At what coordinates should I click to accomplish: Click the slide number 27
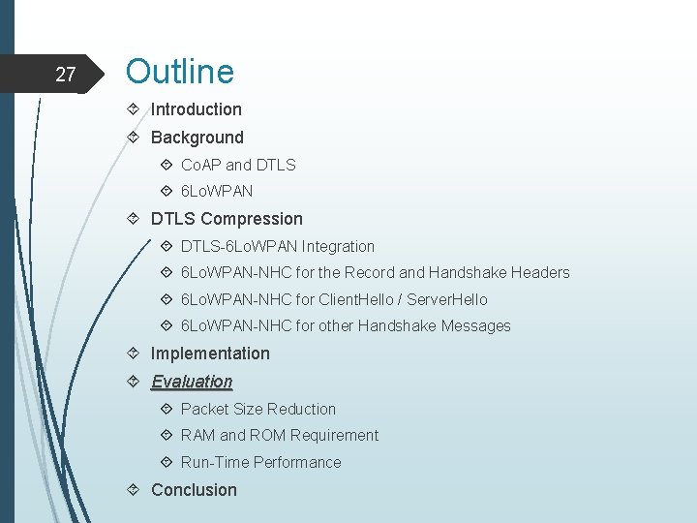coord(66,75)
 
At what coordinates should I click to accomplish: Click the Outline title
coord(179,72)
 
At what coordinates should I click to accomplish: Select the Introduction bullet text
coord(196,109)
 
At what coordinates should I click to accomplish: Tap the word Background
coord(197,138)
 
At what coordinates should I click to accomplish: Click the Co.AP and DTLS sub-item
coord(238,165)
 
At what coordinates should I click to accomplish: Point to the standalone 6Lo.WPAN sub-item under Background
coord(217,192)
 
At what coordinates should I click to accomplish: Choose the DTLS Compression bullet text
coord(227,219)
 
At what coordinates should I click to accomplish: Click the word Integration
coord(338,246)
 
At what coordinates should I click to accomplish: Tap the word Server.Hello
coord(447,300)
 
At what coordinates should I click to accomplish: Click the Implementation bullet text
coord(210,354)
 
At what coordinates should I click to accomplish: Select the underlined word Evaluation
coord(192,382)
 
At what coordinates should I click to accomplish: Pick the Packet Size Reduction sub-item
coord(258,409)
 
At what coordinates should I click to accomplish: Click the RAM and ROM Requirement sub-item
coord(279,436)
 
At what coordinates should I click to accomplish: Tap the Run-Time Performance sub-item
coord(260,463)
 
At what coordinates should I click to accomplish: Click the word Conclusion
coord(194,490)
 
